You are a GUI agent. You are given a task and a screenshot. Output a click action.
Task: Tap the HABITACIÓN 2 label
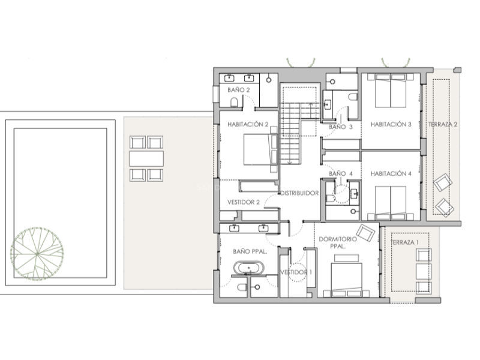[248, 125]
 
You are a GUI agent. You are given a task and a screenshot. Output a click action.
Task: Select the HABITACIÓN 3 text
[391, 125]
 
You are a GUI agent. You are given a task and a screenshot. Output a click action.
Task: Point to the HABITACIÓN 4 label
[391, 174]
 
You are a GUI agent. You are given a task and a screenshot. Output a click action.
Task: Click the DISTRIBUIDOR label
[298, 193]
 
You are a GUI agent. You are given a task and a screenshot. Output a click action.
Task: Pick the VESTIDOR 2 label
[244, 202]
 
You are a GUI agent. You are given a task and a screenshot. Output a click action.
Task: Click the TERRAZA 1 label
[405, 242]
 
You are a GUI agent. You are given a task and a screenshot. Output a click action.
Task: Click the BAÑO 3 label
[341, 127]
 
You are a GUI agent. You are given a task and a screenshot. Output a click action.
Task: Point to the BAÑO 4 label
[341, 174]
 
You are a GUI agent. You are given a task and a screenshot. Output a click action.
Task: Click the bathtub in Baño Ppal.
[247, 269]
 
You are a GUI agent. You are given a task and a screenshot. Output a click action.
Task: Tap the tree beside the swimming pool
[37, 252]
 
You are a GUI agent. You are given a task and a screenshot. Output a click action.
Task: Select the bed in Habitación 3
[390, 90]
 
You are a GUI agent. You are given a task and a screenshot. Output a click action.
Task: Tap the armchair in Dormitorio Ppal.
[365, 232]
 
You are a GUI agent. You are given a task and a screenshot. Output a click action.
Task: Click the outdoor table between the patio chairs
[146, 158]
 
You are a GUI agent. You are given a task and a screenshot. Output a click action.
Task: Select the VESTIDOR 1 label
[297, 272]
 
